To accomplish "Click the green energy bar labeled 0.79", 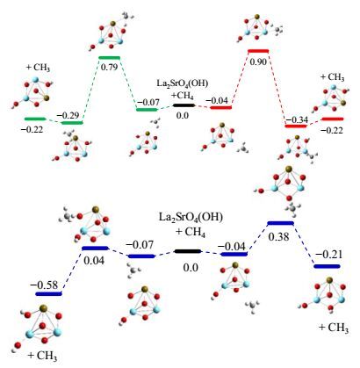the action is [109, 57].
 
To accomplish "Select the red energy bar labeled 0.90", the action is [258, 51].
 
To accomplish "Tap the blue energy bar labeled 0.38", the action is [280, 223].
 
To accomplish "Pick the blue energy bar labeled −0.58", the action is [48, 293].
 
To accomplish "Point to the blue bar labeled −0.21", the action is [327, 266].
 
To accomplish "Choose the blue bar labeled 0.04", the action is [95, 249].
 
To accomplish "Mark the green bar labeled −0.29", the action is [72, 122].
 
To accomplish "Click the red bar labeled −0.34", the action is [296, 126].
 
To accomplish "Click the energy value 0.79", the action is [109, 67].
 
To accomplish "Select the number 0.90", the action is [258, 61].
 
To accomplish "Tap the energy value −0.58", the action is [47, 285].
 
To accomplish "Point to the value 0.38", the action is [279, 235].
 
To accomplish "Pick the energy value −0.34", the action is [297, 119].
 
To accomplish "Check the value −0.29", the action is [68, 115].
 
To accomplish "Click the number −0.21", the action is [328, 254].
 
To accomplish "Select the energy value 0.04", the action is [94, 260].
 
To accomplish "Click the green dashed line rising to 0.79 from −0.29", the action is [90, 90].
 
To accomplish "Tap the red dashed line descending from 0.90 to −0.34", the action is [277, 89].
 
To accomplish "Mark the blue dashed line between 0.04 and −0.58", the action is [72, 271].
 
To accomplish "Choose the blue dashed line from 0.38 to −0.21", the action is [304, 245].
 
